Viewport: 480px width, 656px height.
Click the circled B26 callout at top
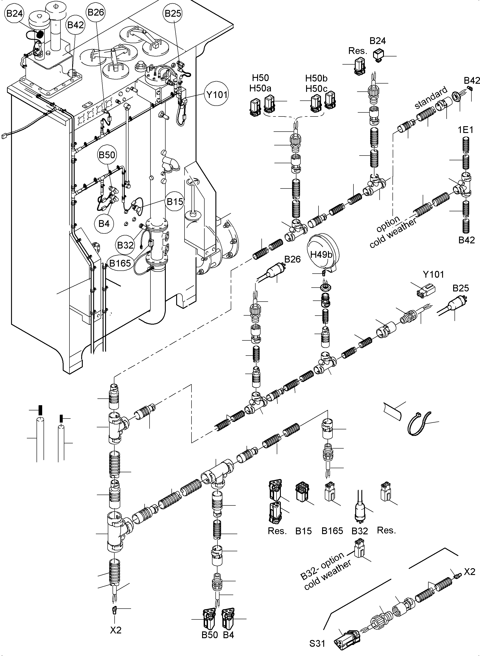[96, 12]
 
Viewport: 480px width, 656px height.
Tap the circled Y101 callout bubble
[217, 95]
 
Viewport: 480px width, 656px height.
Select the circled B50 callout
[107, 155]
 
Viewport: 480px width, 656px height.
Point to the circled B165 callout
[120, 263]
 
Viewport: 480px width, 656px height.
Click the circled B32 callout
[125, 245]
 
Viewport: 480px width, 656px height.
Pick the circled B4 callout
[104, 224]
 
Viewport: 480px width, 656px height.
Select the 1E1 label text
[466, 130]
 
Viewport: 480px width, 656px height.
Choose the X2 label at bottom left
[116, 630]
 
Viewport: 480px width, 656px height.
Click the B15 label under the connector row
[303, 531]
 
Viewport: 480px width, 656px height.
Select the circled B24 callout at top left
[14, 13]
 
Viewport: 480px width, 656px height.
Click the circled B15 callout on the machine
[175, 202]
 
